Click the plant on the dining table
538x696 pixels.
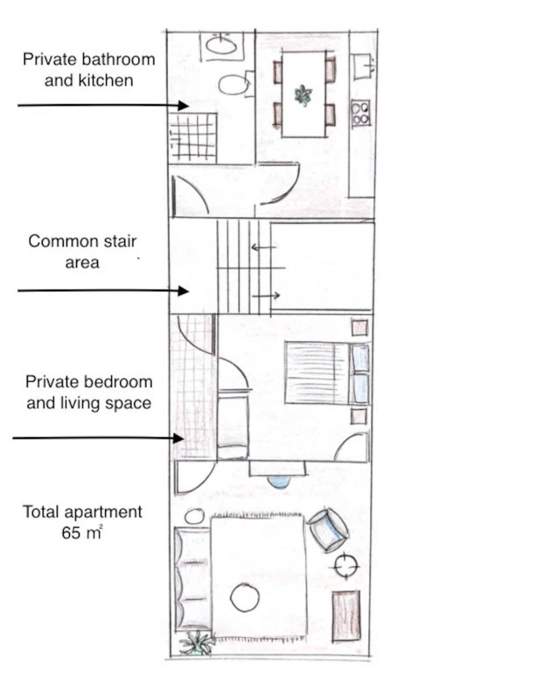pos(303,95)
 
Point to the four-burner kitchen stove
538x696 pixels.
pos(361,112)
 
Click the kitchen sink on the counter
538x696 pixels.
pos(363,67)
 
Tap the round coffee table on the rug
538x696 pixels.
pos(245,598)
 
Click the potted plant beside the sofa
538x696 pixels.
pos(196,642)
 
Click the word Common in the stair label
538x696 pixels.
pos(58,241)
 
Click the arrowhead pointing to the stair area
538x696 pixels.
pos(183,291)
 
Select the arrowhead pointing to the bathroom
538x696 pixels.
pos(183,105)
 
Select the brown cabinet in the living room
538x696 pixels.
pos(346,616)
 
